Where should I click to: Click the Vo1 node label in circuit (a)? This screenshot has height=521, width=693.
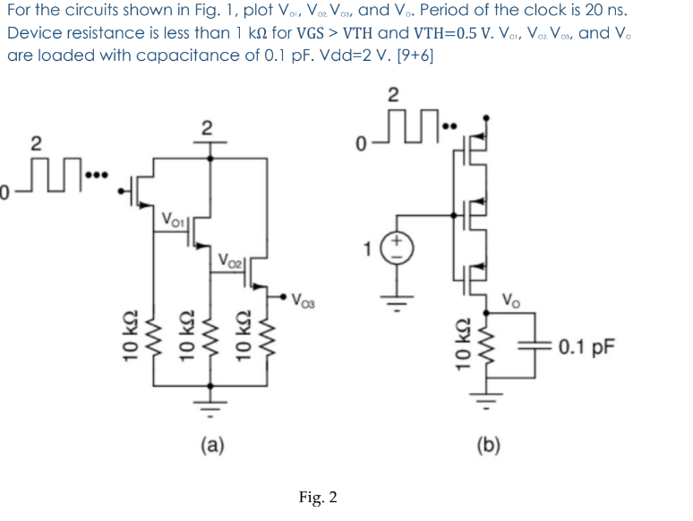coord(175,218)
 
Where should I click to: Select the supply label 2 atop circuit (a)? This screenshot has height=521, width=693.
coord(205,128)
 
